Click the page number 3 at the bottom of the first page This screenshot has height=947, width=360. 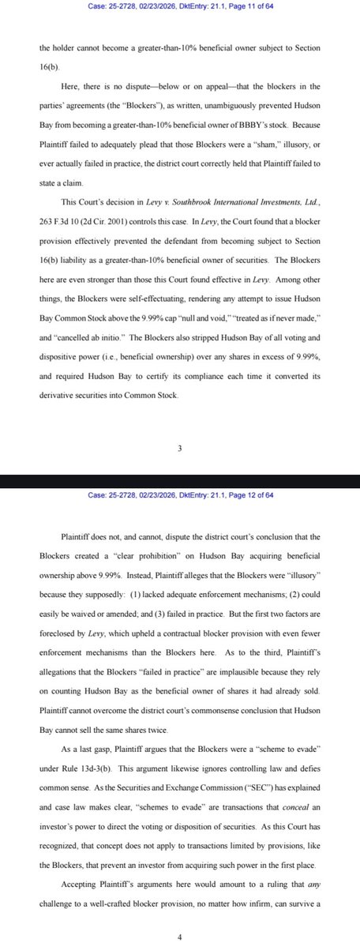180,449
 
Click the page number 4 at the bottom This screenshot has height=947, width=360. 180,938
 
